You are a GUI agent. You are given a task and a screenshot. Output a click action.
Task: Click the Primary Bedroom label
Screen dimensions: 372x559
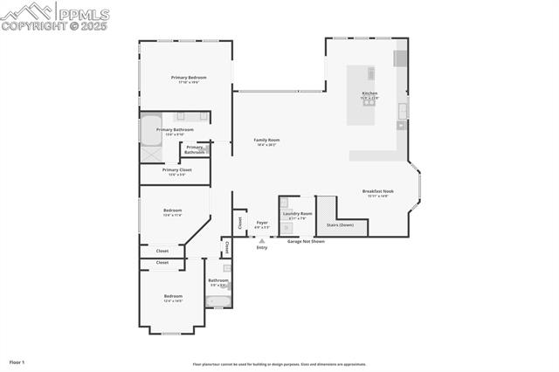[189, 79]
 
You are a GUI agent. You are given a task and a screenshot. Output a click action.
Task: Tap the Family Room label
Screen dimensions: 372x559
[266, 141]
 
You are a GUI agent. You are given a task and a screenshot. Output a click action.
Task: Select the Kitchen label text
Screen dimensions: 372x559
[370, 94]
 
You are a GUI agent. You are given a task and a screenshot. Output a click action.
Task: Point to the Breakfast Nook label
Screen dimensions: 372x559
[378, 192]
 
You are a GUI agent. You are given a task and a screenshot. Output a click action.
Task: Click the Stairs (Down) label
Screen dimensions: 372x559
[340, 224]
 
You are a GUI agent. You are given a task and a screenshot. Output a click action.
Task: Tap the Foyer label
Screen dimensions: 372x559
[261, 223]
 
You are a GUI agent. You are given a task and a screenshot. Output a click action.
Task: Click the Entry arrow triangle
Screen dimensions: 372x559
[261, 241]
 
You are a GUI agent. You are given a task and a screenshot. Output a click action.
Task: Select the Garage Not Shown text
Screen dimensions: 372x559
[306, 241]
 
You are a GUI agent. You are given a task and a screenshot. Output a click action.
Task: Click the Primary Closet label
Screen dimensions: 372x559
[176, 171]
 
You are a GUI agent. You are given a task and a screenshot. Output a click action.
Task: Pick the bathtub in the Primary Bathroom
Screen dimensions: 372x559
[151, 128]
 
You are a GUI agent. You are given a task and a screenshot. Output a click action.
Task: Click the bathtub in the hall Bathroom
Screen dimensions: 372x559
[216, 301]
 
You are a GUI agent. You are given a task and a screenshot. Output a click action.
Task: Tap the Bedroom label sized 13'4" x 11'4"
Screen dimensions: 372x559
[173, 210]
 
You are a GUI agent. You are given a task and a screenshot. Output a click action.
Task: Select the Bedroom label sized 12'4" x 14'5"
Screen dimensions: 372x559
[173, 297]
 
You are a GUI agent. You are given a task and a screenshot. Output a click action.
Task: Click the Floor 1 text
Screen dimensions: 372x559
[17, 362]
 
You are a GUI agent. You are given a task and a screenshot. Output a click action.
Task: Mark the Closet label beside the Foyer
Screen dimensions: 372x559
[239, 222]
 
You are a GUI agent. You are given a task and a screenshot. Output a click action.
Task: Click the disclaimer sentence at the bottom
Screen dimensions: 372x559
[279, 364]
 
